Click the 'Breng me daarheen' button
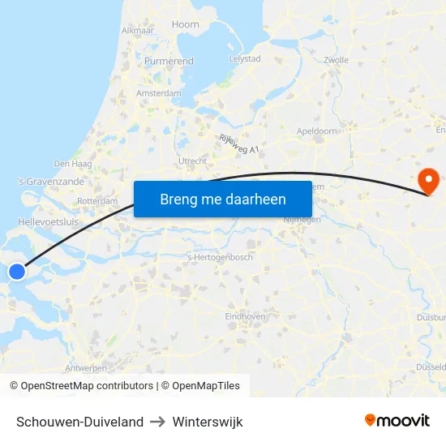[223, 199]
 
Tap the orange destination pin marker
[427, 180]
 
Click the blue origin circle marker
[16, 272]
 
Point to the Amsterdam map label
[159, 93]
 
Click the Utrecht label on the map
[193, 161]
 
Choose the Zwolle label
[335, 60]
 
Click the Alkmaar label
[137, 30]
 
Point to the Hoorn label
[186, 24]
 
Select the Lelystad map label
[245, 59]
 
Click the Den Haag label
[72, 163]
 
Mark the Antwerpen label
[85, 367]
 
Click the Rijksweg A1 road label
[238, 144]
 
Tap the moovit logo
[397, 421]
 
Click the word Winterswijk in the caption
[207, 422]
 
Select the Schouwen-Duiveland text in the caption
[79, 422]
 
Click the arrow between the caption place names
[157, 422]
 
